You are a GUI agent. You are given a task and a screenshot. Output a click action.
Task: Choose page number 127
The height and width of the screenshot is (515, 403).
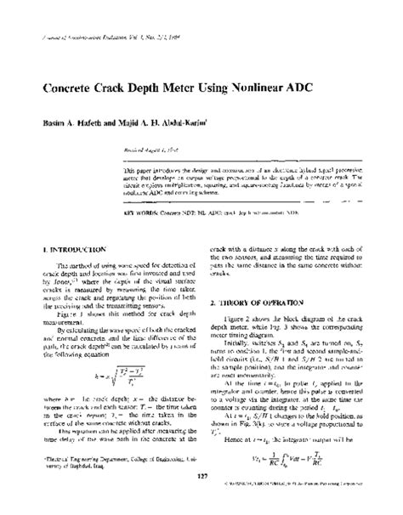(201, 499)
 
